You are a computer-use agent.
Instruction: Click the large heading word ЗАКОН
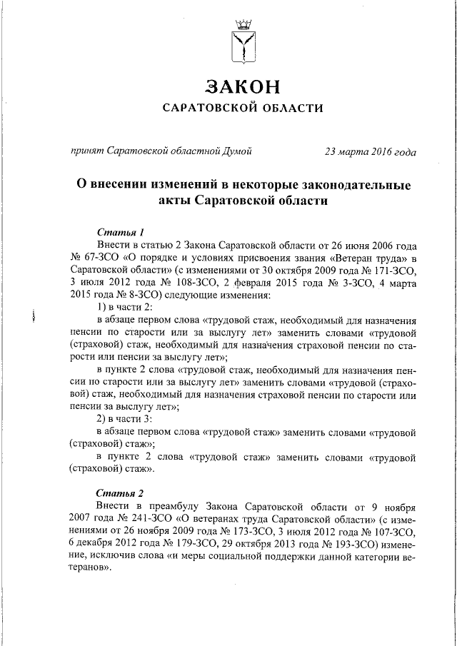(x=242, y=86)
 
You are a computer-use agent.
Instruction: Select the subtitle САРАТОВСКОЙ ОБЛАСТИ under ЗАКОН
(x=243, y=108)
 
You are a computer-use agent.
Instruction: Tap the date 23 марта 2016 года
(x=371, y=151)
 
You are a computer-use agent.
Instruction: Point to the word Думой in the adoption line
(x=235, y=151)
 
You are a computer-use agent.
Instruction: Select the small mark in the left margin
(x=34, y=318)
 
